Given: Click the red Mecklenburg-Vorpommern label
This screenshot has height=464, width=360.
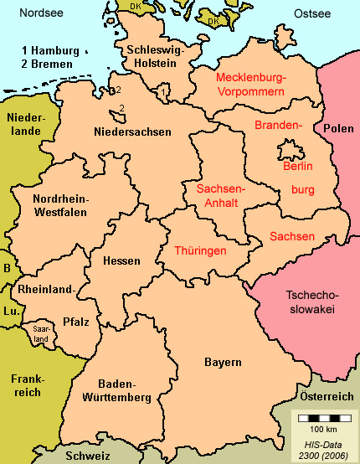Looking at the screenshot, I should tap(251, 84).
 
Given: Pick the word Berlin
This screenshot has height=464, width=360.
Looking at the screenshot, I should tap(297, 167).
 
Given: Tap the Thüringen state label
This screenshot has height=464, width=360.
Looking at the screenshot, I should tap(201, 250).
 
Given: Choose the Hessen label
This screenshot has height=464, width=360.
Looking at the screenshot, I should tap(121, 261).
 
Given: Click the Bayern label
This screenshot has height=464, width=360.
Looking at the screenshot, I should tap(223, 362).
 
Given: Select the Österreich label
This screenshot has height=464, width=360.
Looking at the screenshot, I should tap(327, 395).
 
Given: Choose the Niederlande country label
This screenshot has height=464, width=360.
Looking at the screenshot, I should tap(25, 125).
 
